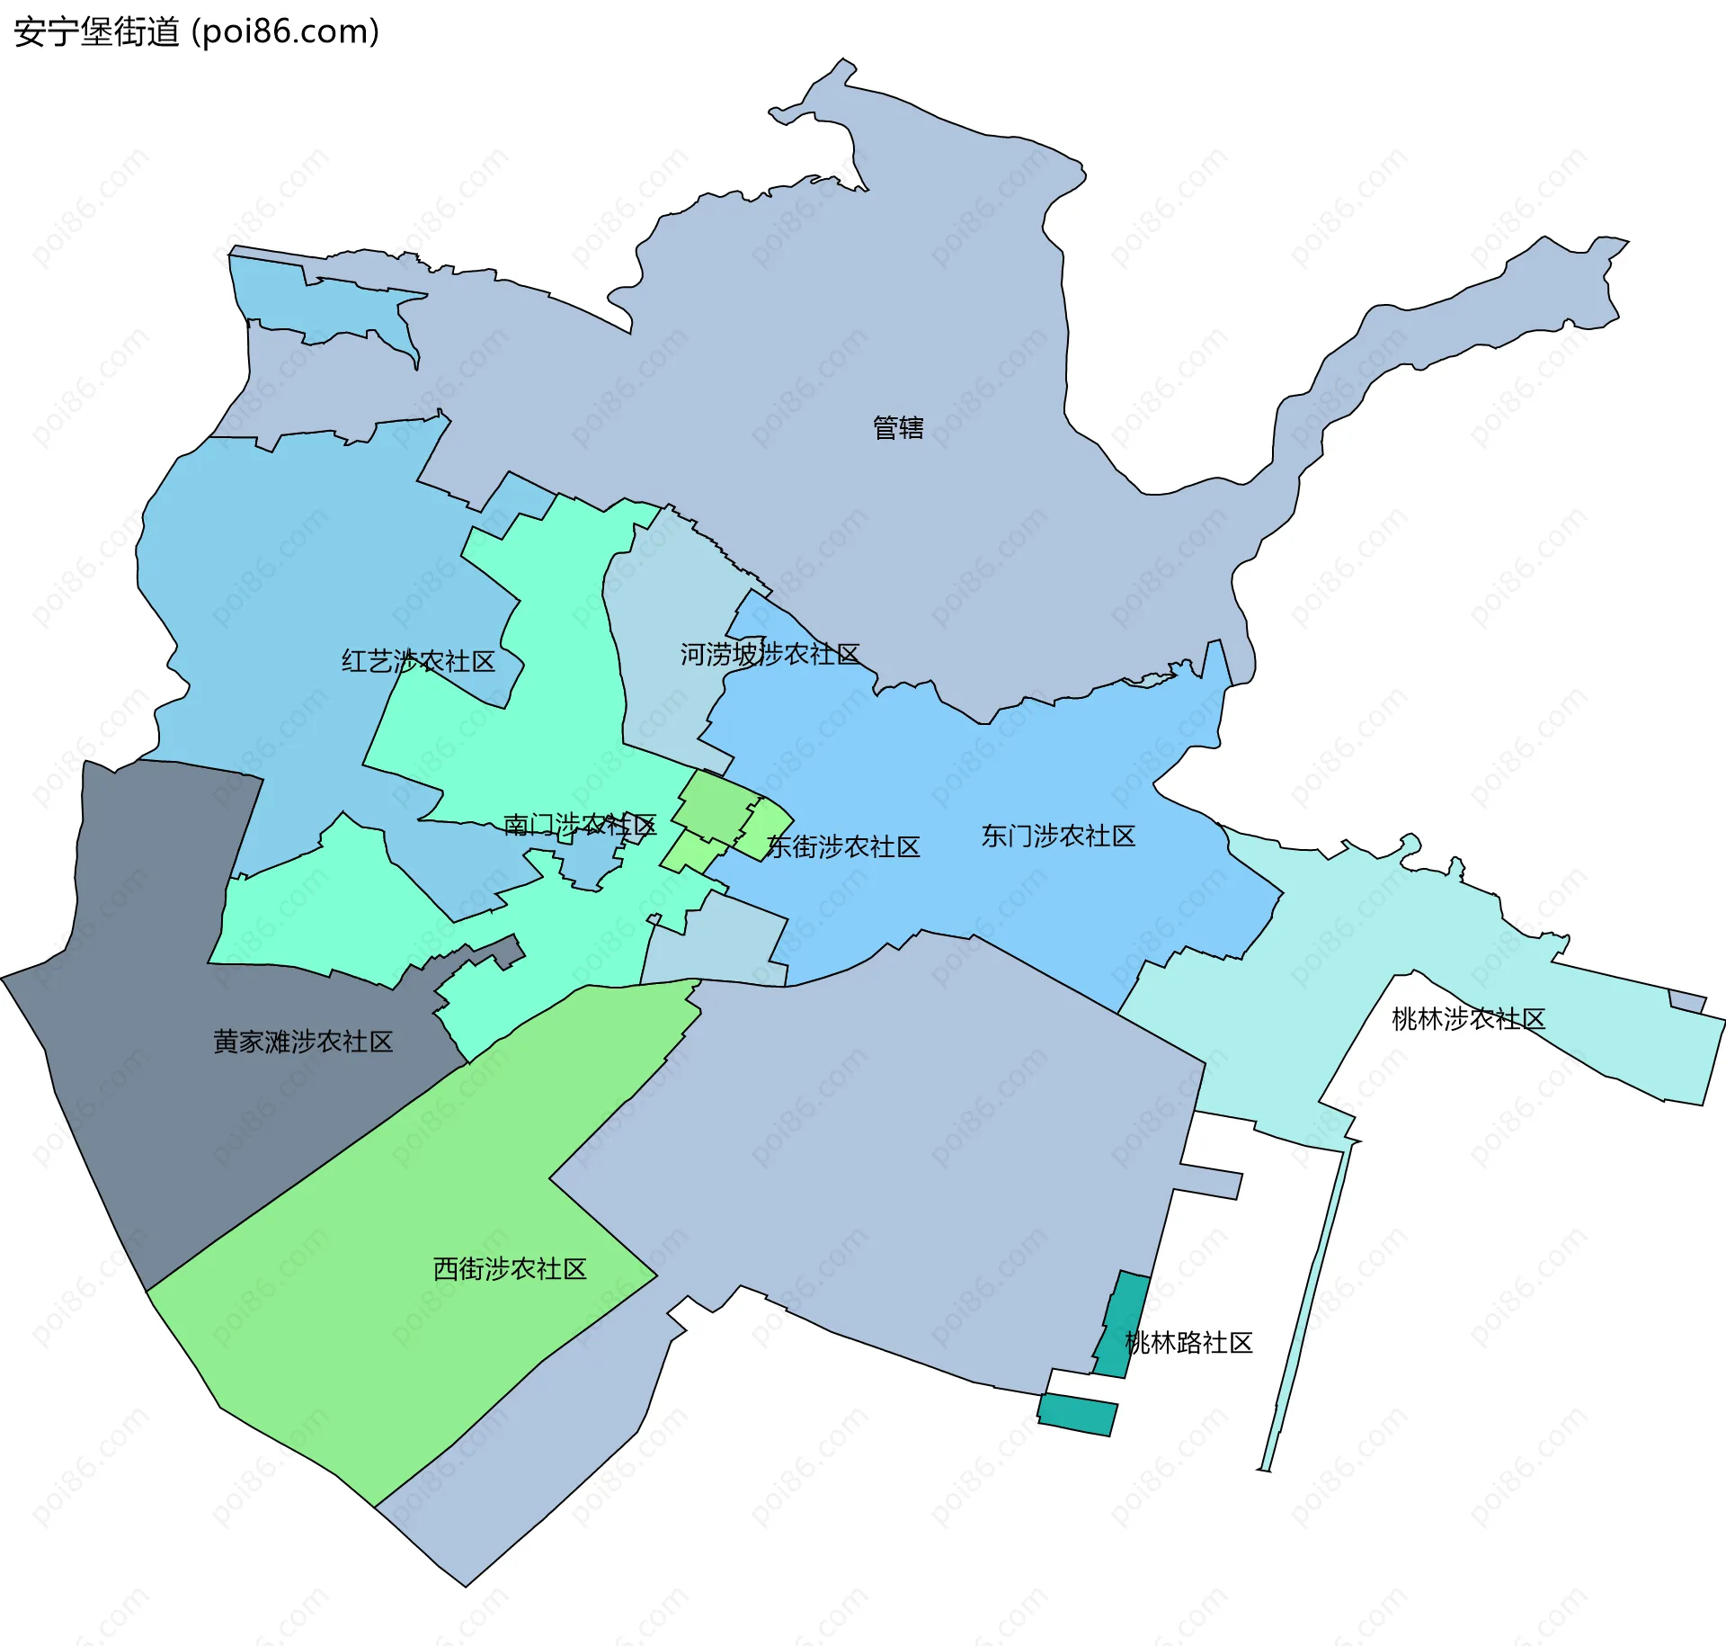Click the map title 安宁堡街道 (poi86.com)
[x=196, y=32]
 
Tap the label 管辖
[x=898, y=428]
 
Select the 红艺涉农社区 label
[x=418, y=662]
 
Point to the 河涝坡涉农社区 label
[x=770, y=655]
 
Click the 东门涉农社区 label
[x=1058, y=836]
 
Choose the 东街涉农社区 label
[x=843, y=847]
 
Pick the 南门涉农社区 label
[x=580, y=825]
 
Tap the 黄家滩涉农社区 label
[x=303, y=1042]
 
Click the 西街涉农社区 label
[x=510, y=1269]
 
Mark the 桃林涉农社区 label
[x=1468, y=1019]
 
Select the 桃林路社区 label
[x=1188, y=1343]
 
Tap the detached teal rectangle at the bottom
[x=1077, y=1415]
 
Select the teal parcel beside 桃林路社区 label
[x=1124, y=1322]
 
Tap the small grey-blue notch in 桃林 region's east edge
[x=1686, y=1001]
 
